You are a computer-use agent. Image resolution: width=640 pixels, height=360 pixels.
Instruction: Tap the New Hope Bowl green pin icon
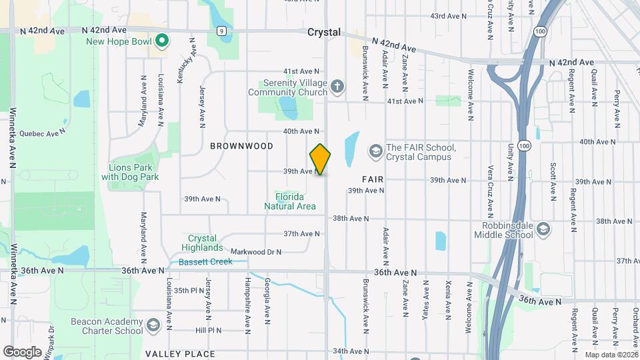tap(161, 41)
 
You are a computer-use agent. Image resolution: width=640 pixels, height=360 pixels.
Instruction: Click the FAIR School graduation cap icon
tap(375, 152)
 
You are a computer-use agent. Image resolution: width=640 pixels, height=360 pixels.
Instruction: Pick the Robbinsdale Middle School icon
tap(543, 229)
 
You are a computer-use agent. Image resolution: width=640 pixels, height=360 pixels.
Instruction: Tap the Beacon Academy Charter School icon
tap(153, 325)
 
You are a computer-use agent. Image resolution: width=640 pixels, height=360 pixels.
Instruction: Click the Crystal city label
tap(324, 32)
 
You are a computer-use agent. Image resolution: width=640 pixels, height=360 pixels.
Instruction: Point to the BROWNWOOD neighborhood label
tap(233, 145)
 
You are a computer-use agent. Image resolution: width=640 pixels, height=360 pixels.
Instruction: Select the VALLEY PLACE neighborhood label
tap(180, 353)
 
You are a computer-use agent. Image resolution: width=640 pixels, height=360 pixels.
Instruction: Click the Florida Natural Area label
tap(290, 201)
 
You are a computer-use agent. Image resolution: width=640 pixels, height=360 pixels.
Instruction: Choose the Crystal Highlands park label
tap(203, 243)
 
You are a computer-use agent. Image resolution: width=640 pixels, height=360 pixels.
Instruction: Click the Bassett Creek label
tap(205, 261)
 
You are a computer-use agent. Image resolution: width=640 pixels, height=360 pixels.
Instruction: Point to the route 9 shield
tap(221, 31)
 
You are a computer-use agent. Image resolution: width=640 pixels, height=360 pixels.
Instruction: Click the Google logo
tap(21, 351)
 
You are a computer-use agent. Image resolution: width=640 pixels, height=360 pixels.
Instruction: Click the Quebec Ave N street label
tap(43, 132)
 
